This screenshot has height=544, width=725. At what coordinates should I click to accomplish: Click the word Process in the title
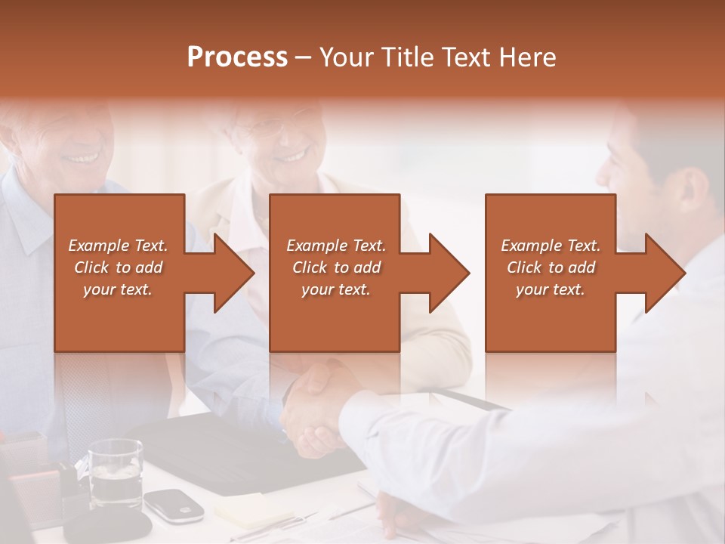pyautogui.click(x=237, y=57)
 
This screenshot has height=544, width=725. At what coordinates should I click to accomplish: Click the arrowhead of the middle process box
pyautogui.click(x=448, y=273)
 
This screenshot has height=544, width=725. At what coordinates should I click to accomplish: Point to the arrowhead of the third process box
pyautogui.click(x=663, y=273)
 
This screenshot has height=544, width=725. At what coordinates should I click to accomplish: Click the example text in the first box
pyautogui.click(x=118, y=267)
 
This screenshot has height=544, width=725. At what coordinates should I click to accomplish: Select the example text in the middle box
pyautogui.click(x=335, y=267)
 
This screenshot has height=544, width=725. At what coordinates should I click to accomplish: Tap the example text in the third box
pyautogui.click(x=551, y=267)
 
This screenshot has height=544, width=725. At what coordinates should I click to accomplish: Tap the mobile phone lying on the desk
pyautogui.click(x=174, y=504)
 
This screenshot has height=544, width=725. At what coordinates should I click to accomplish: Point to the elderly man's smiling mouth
pyautogui.click(x=83, y=159)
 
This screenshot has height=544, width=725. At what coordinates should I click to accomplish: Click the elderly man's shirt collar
pyautogui.click(x=30, y=227)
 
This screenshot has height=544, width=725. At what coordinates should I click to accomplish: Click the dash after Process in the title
pyautogui.click(x=303, y=58)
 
